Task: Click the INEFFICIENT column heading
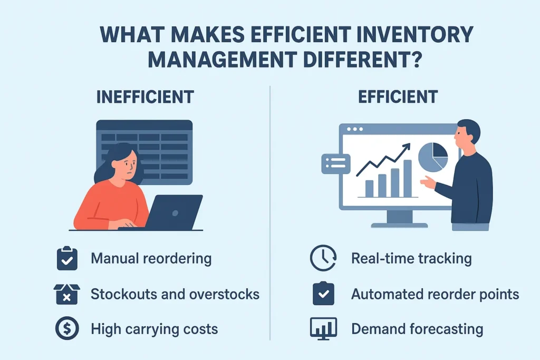pyautogui.click(x=145, y=97)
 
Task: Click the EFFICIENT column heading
pyautogui.click(x=398, y=97)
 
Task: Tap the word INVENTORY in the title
pyautogui.click(x=415, y=34)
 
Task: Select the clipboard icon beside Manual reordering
pyautogui.click(x=67, y=258)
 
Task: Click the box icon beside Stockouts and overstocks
pyautogui.click(x=67, y=294)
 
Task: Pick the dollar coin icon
pyautogui.click(x=67, y=328)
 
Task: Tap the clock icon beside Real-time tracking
pyautogui.click(x=323, y=258)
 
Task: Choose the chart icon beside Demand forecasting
pyautogui.click(x=323, y=329)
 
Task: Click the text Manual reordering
pyautogui.click(x=151, y=259)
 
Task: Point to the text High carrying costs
pyautogui.click(x=155, y=329)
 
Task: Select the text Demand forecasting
pyautogui.click(x=417, y=329)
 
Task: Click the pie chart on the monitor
pyautogui.click(x=433, y=157)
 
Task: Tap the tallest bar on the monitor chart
pyautogui.click(x=408, y=178)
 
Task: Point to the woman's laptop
pyautogui.click(x=174, y=212)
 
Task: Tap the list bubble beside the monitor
pyautogui.click(x=336, y=164)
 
